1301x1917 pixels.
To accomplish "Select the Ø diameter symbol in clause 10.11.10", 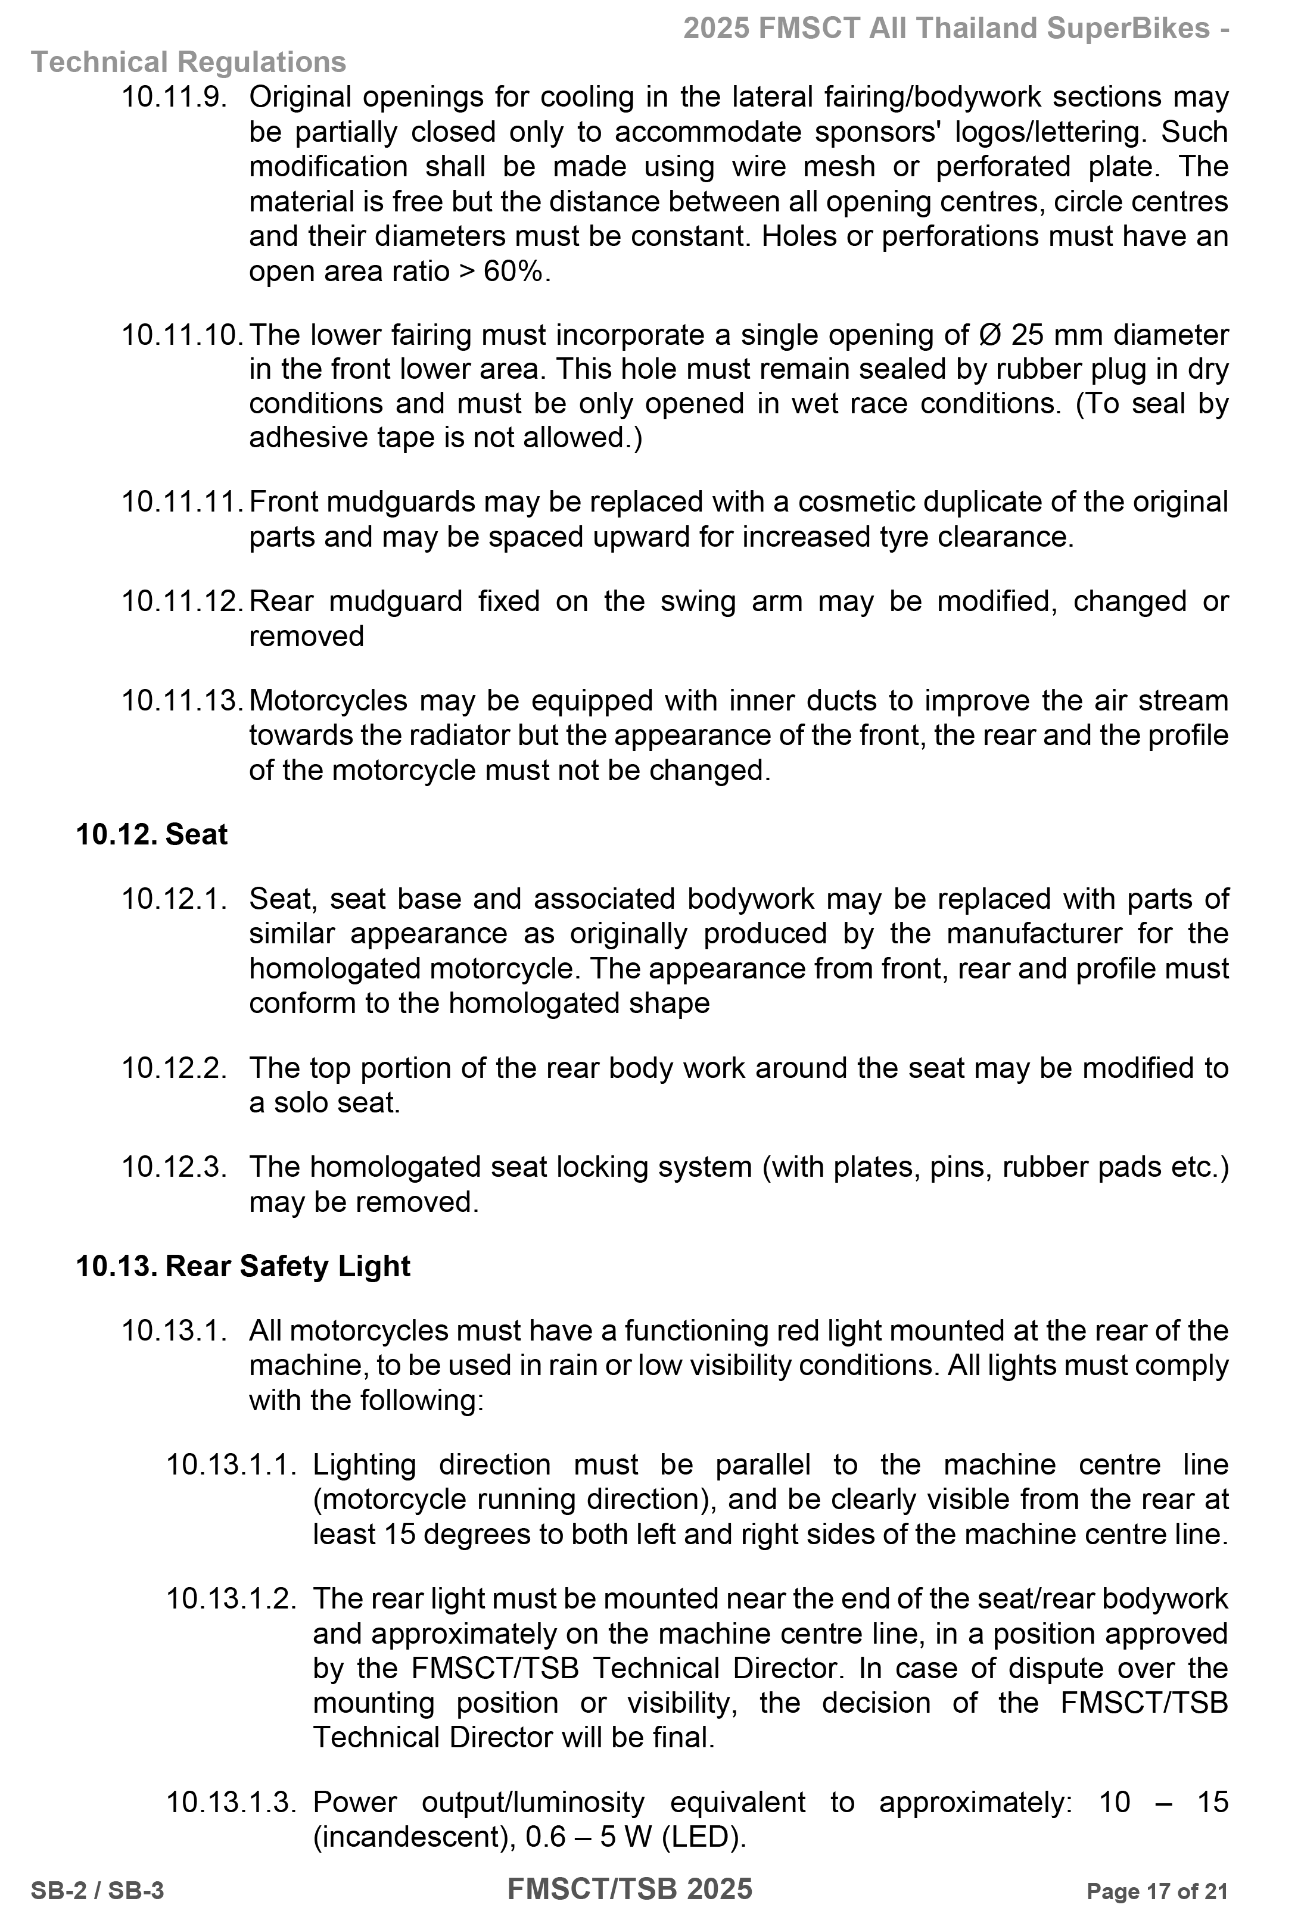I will click(x=989, y=335).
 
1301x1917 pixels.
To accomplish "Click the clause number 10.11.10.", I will click(x=182, y=335).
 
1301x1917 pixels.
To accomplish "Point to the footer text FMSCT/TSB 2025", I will click(x=630, y=1888).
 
